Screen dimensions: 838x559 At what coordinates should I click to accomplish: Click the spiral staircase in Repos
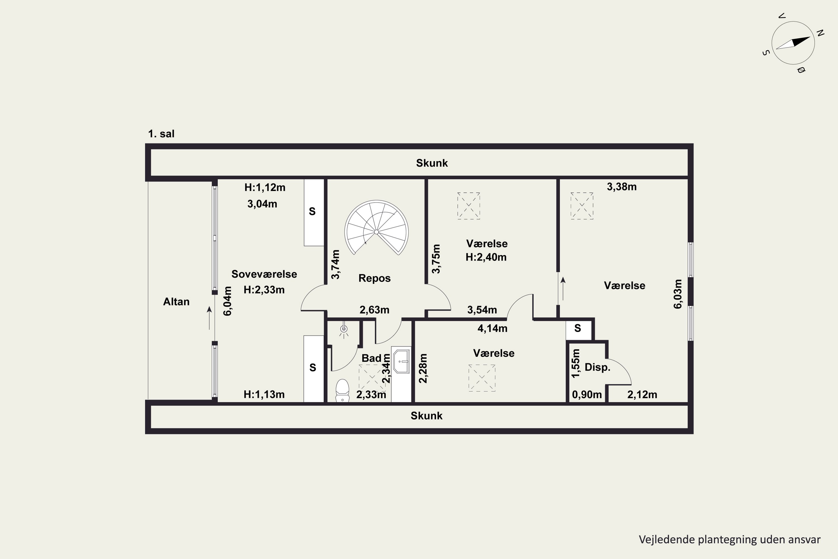pyautogui.click(x=376, y=228)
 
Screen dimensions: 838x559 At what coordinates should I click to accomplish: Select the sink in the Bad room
pyautogui.click(x=402, y=361)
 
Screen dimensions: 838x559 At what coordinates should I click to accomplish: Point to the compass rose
pyautogui.click(x=793, y=43)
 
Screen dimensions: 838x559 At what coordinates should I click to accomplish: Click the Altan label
pyautogui.click(x=176, y=302)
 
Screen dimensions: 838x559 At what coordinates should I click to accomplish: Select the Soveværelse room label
pyautogui.click(x=264, y=274)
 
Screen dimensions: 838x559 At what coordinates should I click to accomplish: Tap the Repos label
pyautogui.click(x=375, y=278)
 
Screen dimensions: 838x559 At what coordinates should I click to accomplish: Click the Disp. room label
pyautogui.click(x=597, y=367)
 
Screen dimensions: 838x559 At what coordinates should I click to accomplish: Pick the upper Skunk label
pyautogui.click(x=432, y=163)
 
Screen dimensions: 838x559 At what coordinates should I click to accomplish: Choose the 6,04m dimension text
pyautogui.click(x=227, y=301)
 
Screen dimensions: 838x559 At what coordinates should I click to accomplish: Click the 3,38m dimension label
pyautogui.click(x=622, y=186)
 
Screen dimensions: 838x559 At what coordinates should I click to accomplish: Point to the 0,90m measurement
pyautogui.click(x=587, y=395)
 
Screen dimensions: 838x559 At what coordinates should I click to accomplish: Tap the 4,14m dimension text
pyautogui.click(x=492, y=328)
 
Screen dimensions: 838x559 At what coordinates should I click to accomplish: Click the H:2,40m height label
pyautogui.click(x=486, y=257)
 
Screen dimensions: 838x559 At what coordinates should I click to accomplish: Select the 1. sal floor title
pyautogui.click(x=161, y=134)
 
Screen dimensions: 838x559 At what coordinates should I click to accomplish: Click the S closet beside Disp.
pyautogui.click(x=578, y=329)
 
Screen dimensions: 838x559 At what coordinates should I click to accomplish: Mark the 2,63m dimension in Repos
pyautogui.click(x=375, y=310)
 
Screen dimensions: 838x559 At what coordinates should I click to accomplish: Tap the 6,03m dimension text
pyautogui.click(x=678, y=294)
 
